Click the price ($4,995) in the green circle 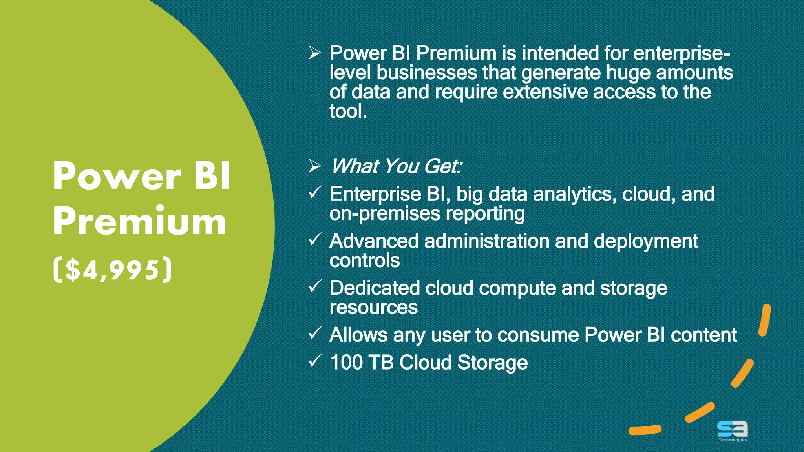pyautogui.click(x=113, y=270)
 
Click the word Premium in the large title pyautogui.click(x=139, y=222)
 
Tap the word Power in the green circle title pyautogui.click(x=117, y=177)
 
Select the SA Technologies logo pyautogui.click(x=732, y=430)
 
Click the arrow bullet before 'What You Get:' pyautogui.click(x=314, y=166)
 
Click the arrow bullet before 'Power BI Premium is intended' pyautogui.click(x=314, y=53)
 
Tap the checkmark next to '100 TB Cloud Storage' pyautogui.click(x=315, y=361)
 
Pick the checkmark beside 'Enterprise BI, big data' pyautogui.click(x=315, y=192)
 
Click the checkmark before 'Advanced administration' pyautogui.click(x=315, y=239)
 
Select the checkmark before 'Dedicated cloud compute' pyautogui.click(x=315, y=286)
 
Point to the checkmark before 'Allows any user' pyautogui.click(x=315, y=333)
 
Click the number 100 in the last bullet pyautogui.click(x=346, y=362)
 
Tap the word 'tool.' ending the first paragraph pyautogui.click(x=348, y=111)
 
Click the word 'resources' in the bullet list pyautogui.click(x=373, y=308)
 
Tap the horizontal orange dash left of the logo pyautogui.click(x=645, y=430)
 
